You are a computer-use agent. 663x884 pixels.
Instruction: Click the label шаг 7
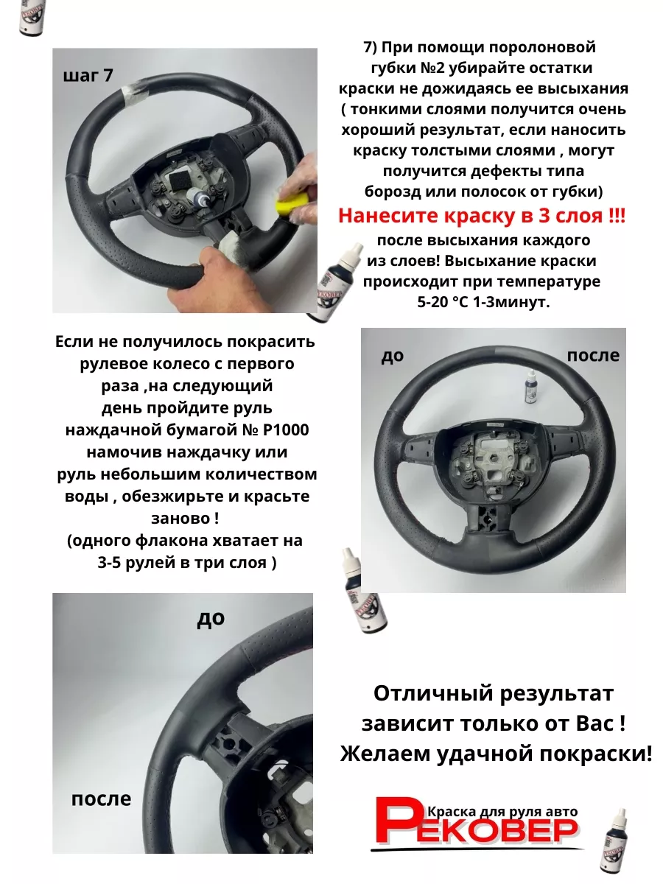[88, 76]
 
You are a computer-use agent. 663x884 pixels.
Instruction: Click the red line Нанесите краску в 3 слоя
[482, 216]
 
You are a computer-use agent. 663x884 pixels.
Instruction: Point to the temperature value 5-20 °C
[443, 301]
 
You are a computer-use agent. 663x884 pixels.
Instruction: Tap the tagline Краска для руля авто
[502, 812]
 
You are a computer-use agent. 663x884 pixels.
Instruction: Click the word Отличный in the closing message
[433, 694]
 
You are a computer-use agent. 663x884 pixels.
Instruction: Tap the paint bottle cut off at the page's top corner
[33, 18]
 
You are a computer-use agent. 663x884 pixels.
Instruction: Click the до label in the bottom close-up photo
[211, 619]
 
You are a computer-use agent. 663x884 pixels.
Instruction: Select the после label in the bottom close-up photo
[101, 799]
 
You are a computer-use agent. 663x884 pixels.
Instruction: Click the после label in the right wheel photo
[593, 355]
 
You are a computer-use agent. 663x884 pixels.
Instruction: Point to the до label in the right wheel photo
[392, 356]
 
